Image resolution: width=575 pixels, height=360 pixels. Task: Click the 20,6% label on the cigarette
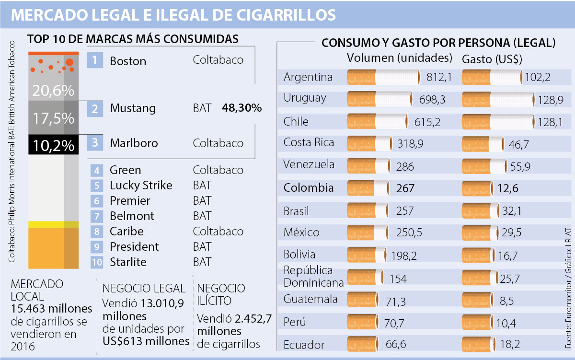[53, 90]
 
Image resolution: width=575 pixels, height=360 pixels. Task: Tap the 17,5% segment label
[53, 118]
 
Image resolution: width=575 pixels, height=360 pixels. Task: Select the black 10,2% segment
[53, 145]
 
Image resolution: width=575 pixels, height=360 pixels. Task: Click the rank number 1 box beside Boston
[95, 60]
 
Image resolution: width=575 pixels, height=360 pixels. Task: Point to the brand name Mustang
[133, 108]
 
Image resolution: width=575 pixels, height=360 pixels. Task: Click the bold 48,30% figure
[242, 108]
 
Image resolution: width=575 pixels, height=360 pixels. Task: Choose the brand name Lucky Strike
[141, 186]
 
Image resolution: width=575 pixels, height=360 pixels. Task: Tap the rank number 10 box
[96, 262]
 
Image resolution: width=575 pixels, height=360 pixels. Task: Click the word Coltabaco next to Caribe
[218, 232]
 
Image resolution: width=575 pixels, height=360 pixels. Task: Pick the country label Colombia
[309, 187]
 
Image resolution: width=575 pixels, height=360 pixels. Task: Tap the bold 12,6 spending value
[521, 188]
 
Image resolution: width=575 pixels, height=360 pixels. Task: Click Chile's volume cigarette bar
[377, 122]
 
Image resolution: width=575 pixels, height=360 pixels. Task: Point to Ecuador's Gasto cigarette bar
[481, 344]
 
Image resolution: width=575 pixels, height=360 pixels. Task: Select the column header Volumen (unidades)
[400, 58]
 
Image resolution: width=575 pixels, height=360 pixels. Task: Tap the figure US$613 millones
[147, 341]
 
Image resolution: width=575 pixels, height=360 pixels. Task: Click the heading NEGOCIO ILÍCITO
[221, 294]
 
